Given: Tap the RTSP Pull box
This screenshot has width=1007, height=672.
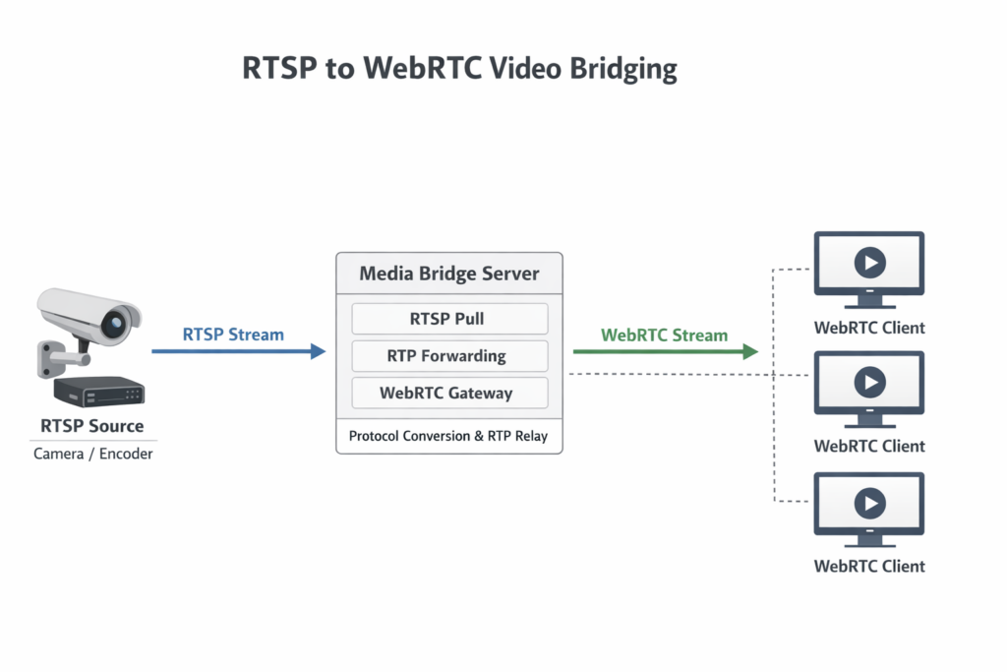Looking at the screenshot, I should coord(448,319).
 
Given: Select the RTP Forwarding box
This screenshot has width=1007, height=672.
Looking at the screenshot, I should coord(448,356).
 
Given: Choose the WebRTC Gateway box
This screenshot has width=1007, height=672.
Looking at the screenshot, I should coord(448,393).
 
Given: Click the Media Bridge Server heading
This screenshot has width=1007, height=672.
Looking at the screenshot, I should coord(448,273).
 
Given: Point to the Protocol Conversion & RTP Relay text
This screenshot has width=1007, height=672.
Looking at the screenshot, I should coord(448,435).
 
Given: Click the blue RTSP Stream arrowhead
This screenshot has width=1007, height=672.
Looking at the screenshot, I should coord(318,351).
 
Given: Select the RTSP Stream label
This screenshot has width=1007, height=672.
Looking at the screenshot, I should coord(233,334).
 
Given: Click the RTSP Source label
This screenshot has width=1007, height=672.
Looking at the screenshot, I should coord(92,426).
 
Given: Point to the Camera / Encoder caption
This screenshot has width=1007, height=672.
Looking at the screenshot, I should coord(93,454).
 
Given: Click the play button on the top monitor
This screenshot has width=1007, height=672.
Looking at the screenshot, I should coord(869,263).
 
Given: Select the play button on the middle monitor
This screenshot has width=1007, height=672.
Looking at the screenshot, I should coord(869,382).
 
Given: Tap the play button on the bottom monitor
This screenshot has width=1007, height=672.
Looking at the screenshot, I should coord(869,503).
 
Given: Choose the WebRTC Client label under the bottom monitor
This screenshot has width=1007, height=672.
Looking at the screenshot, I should coord(869,566).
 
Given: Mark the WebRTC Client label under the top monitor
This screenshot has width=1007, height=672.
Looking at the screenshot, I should coord(869,328).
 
